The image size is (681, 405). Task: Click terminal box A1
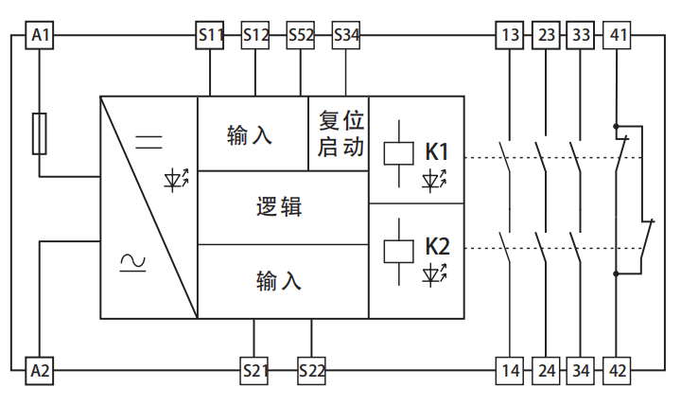coord(39,36)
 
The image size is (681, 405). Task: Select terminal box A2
coord(39,370)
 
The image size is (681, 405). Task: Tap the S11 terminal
coord(210,36)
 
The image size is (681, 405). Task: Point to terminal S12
coord(255,36)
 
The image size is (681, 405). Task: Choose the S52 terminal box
coord(301,36)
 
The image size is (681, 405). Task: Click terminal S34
coord(346,36)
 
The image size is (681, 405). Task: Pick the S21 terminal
coord(255,370)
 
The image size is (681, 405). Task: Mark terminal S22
coord(311,370)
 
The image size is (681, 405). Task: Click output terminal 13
coord(511,36)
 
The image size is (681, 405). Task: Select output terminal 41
coord(617,36)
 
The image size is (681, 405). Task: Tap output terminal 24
coord(547,370)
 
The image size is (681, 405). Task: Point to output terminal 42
coord(617,370)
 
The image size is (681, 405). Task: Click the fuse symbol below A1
coord(39,132)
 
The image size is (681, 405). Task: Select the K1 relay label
coord(437,151)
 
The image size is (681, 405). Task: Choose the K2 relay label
coord(437,247)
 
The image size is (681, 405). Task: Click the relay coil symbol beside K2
coord(395,250)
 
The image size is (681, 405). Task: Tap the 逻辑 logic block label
coord(280,207)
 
